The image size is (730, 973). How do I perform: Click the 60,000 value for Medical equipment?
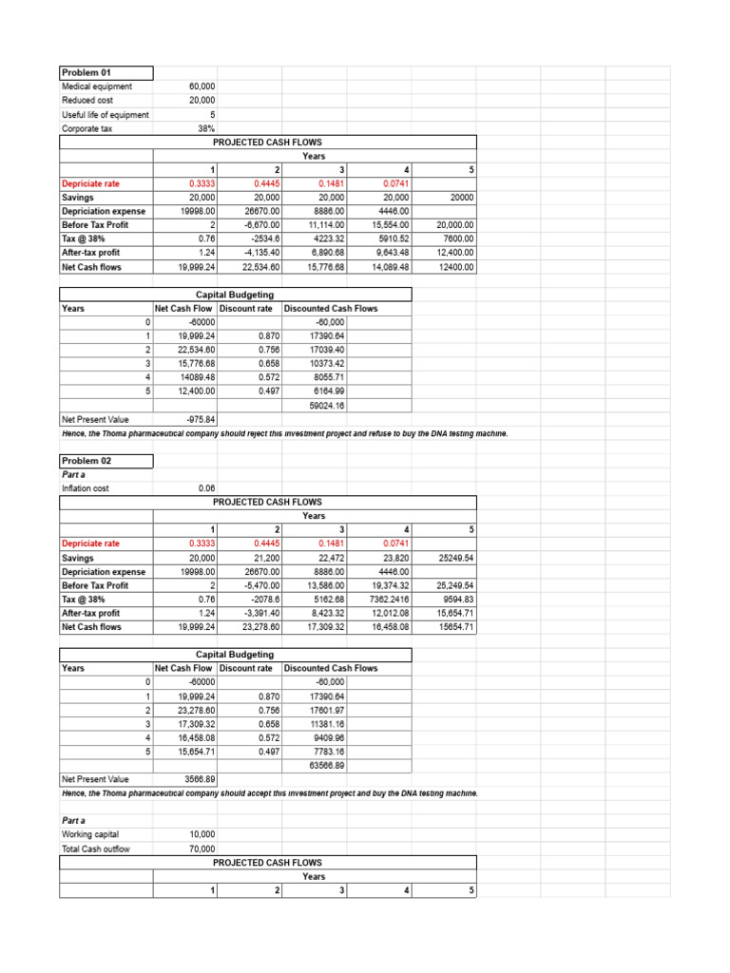pyautogui.click(x=201, y=86)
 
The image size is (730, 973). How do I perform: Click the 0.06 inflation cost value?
pyautogui.click(x=206, y=488)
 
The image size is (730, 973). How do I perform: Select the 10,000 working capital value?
pyautogui.click(x=201, y=833)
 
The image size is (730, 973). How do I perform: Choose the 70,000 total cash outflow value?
pyautogui.click(x=201, y=848)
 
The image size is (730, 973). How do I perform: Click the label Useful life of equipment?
pyautogui.click(x=106, y=115)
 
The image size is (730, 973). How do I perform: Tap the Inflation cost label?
pyautogui.click(x=86, y=488)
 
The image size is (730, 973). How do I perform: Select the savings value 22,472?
pyautogui.click(x=329, y=558)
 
